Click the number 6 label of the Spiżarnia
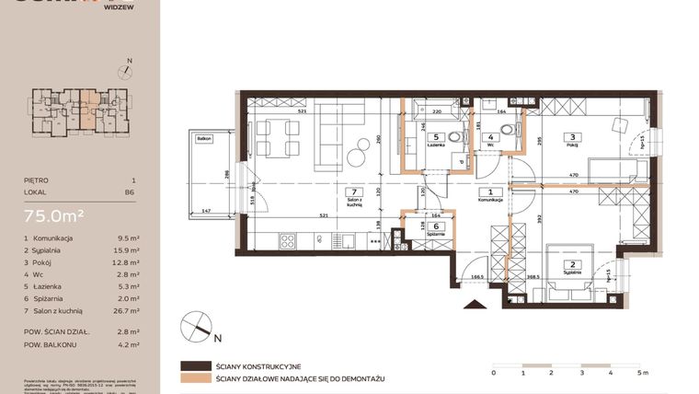tap(437, 226)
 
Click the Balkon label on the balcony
tap(203, 138)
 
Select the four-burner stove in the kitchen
tap(287, 242)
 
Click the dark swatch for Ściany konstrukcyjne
tap(195, 365)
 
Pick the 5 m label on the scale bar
tap(641, 373)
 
